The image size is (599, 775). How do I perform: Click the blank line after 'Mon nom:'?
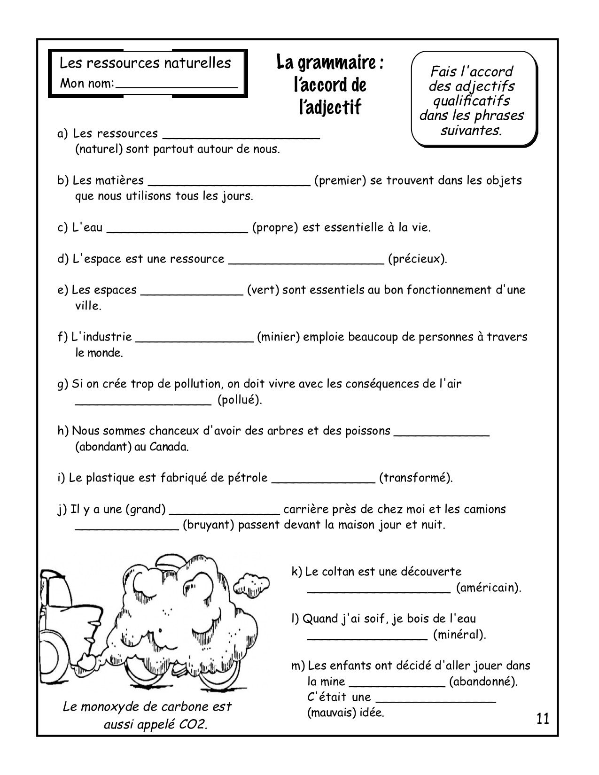click(176, 86)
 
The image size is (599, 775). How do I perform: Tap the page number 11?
click(542, 719)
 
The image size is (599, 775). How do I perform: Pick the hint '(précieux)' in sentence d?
click(417, 259)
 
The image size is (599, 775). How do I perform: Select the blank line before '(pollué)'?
click(143, 403)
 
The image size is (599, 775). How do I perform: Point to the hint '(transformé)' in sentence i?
click(415, 478)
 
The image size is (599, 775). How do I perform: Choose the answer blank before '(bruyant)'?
click(127, 528)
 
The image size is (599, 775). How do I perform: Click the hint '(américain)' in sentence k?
click(488, 588)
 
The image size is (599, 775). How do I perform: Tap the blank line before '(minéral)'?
click(367, 637)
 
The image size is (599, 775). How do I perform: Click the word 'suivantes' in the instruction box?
click(471, 131)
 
